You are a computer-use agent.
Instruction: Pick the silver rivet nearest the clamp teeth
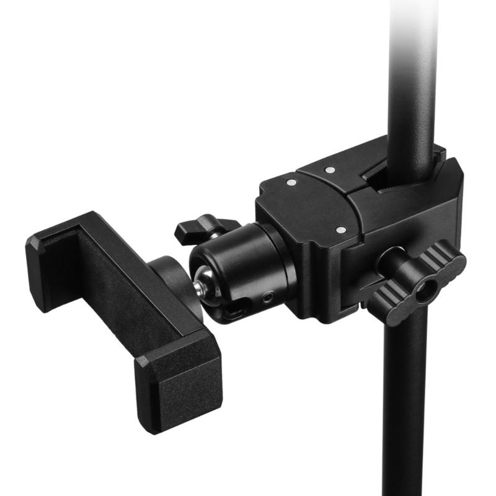pos(330,169)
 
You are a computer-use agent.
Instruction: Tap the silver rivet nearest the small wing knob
pos(291,182)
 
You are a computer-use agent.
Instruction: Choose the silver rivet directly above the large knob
pos(340,230)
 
